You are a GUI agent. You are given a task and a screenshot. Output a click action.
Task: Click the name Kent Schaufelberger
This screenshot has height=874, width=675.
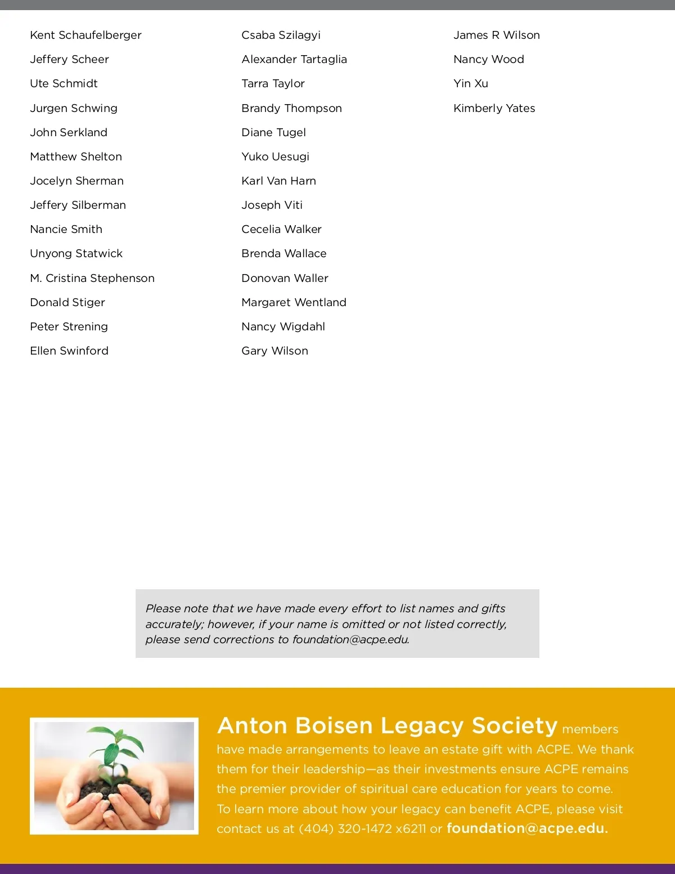tap(85, 35)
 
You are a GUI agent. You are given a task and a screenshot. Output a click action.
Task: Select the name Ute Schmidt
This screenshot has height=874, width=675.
tap(64, 83)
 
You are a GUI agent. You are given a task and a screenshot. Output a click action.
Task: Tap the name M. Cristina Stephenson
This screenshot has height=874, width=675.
tap(92, 278)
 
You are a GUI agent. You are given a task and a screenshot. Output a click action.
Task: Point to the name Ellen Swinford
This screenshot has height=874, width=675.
tap(69, 351)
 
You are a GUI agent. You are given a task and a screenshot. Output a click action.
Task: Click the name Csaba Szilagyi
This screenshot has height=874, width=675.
tap(281, 35)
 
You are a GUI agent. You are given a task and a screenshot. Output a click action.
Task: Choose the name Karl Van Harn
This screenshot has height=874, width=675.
tap(278, 181)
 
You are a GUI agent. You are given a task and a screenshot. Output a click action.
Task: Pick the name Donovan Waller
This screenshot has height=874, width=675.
tap(285, 278)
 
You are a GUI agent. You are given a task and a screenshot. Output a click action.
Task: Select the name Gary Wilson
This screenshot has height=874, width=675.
tap(274, 351)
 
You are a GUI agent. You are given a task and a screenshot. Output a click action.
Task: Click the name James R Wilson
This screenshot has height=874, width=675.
tap(496, 35)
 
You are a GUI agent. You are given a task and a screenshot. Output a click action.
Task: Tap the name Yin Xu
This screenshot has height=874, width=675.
tap(470, 83)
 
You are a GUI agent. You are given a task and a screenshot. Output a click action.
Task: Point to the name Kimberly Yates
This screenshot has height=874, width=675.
tap(494, 108)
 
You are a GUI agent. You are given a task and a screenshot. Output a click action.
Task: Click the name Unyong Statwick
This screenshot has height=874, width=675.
tap(76, 253)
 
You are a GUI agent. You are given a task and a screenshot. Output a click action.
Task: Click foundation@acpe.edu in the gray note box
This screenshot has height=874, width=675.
tap(350, 639)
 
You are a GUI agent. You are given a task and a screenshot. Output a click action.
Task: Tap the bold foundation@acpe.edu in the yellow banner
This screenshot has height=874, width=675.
tap(527, 828)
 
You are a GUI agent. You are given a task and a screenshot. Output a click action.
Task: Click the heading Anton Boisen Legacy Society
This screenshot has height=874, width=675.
tap(387, 725)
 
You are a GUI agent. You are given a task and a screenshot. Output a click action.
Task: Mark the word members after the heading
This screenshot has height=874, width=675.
tap(590, 729)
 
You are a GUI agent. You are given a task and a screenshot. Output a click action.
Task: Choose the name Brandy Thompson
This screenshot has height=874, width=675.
tap(291, 108)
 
